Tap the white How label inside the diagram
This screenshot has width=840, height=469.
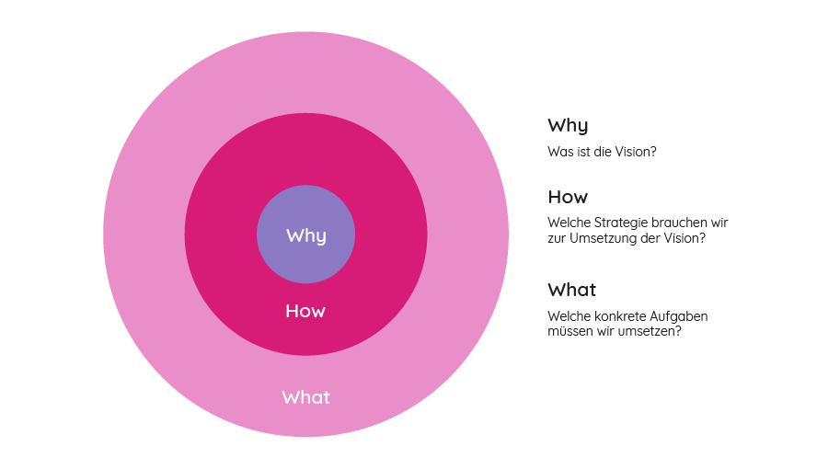(305, 311)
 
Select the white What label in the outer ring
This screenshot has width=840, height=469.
(305, 397)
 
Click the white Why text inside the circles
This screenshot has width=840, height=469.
(305, 235)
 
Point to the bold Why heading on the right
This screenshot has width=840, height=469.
(568, 125)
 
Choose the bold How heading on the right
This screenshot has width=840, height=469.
(568, 197)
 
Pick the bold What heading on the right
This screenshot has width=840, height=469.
(571, 290)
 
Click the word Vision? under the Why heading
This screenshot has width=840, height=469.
(635, 152)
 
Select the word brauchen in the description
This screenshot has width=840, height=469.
(679, 223)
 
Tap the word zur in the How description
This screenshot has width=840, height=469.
(558, 238)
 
